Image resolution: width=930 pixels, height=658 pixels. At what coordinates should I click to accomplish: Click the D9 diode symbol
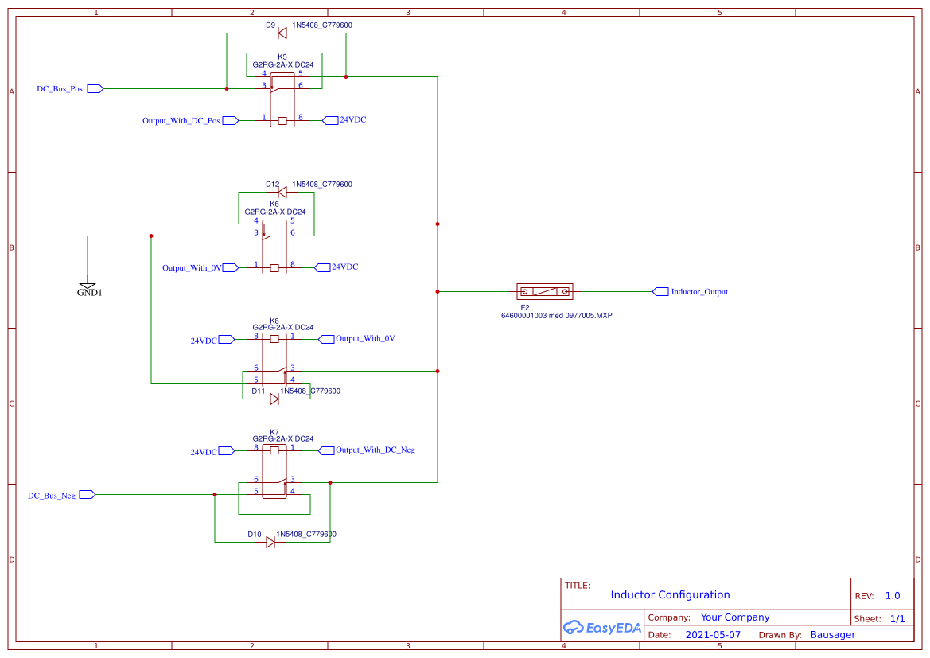click(282, 33)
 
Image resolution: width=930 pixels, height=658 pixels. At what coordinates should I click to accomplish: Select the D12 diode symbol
click(282, 192)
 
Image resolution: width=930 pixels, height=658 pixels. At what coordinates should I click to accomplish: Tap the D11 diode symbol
click(274, 399)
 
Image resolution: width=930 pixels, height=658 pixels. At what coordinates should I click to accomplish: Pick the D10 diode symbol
click(270, 542)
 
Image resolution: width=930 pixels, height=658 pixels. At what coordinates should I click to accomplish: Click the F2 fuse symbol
click(544, 292)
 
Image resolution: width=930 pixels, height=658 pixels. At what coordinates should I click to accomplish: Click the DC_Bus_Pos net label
click(60, 88)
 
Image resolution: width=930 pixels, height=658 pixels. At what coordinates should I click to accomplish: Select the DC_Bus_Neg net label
click(52, 495)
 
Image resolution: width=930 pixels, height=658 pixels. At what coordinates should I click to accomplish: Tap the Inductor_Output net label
click(698, 292)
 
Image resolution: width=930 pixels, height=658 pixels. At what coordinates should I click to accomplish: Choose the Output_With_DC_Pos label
click(181, 121)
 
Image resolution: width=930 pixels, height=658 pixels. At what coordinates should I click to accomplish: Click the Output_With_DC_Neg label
click(375, 450)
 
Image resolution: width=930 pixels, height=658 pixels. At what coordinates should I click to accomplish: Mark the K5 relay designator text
click(282, 56)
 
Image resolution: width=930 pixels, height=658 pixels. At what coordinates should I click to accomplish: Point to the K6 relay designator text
click(274, 204)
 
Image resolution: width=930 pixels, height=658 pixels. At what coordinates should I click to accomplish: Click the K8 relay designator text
click(274, 321)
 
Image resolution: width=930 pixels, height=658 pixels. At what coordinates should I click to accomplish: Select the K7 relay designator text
click(274, 432)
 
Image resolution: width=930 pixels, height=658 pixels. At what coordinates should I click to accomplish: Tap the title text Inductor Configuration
click(670, 595)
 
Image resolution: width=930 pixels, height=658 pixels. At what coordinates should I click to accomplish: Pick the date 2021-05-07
click(713, 635)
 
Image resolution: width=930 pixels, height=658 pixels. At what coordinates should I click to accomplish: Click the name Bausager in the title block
click(832, 635)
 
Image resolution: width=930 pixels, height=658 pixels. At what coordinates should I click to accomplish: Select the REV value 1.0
click(893, 596)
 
